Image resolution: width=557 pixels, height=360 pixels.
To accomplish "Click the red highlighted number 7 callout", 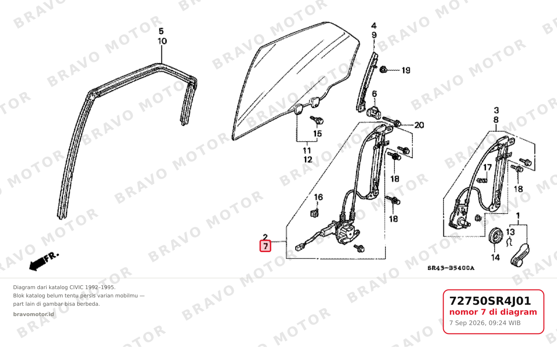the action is point(265,246).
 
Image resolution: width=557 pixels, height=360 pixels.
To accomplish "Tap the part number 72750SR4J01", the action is point(490,301).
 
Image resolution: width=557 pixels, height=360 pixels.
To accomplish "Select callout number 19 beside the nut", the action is point(406,71).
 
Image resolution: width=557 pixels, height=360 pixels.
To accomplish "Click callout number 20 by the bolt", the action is point(419,125).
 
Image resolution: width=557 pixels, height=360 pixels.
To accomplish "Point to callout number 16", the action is point(318,197).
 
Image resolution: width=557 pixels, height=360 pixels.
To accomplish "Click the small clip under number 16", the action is point(314,213).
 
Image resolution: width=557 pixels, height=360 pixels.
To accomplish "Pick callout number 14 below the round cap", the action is point(495,257).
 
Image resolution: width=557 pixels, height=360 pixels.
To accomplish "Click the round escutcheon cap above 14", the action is point(495,235).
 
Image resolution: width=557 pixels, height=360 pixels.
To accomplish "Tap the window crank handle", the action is point(520,255).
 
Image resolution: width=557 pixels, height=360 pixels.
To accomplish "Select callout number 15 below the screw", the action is point(317,133).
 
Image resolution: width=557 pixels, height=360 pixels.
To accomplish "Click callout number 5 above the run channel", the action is point(161,31).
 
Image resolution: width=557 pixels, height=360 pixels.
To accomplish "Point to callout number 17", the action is point(487,167).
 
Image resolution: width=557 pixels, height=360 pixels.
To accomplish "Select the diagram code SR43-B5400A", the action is point(451,268).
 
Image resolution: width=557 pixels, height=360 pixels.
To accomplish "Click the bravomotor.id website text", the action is point(34,314).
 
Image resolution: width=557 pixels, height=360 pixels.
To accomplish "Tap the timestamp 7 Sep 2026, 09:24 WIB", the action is point(485,323).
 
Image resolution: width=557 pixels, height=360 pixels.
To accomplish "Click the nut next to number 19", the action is point(383,70).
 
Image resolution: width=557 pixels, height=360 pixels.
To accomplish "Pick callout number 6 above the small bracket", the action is point(374,94).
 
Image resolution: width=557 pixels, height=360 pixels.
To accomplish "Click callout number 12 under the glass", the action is point(308,159).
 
